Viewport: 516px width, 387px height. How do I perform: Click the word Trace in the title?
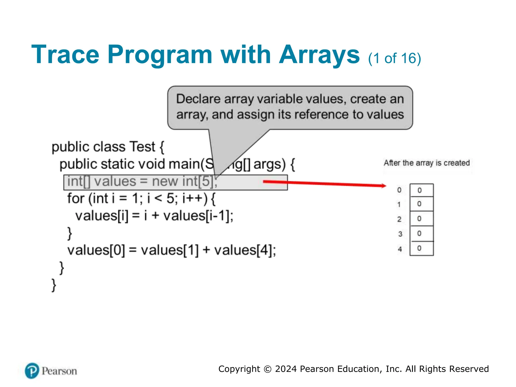coord(65,55)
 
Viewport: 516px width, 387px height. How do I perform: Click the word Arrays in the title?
coord(319,55)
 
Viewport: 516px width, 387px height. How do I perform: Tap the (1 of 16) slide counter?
coord(394,58)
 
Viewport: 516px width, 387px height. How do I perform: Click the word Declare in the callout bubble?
coord(198,99)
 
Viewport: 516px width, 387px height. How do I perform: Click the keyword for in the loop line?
coord(76,198)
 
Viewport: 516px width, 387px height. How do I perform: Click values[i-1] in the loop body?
coord(198,216)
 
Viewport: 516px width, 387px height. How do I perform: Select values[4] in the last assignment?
coord(245,250)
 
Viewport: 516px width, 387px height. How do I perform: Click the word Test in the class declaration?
coord(142,147)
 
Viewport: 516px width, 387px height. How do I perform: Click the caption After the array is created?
coord(427,163)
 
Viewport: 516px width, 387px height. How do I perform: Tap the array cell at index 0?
coord(421,190)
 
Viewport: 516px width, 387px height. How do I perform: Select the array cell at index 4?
coord(421,248)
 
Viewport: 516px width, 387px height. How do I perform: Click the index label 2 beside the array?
coord(399,219)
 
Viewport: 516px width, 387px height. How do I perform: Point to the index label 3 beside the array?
coord(400,234)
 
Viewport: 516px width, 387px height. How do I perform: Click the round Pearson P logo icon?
coord(32,371)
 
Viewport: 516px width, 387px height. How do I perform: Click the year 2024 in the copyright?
coord(286,369)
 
